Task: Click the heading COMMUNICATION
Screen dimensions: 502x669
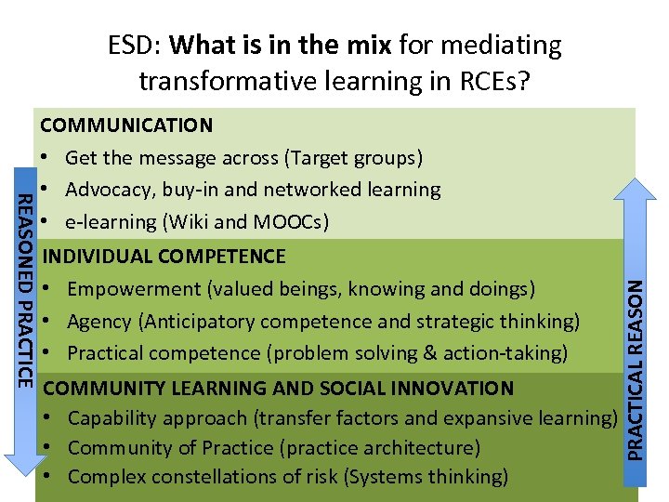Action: [x=126, y=125]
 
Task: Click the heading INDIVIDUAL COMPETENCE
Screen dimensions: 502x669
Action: [x=164, y=256]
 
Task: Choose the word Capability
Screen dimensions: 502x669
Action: [x=111, y=418]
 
